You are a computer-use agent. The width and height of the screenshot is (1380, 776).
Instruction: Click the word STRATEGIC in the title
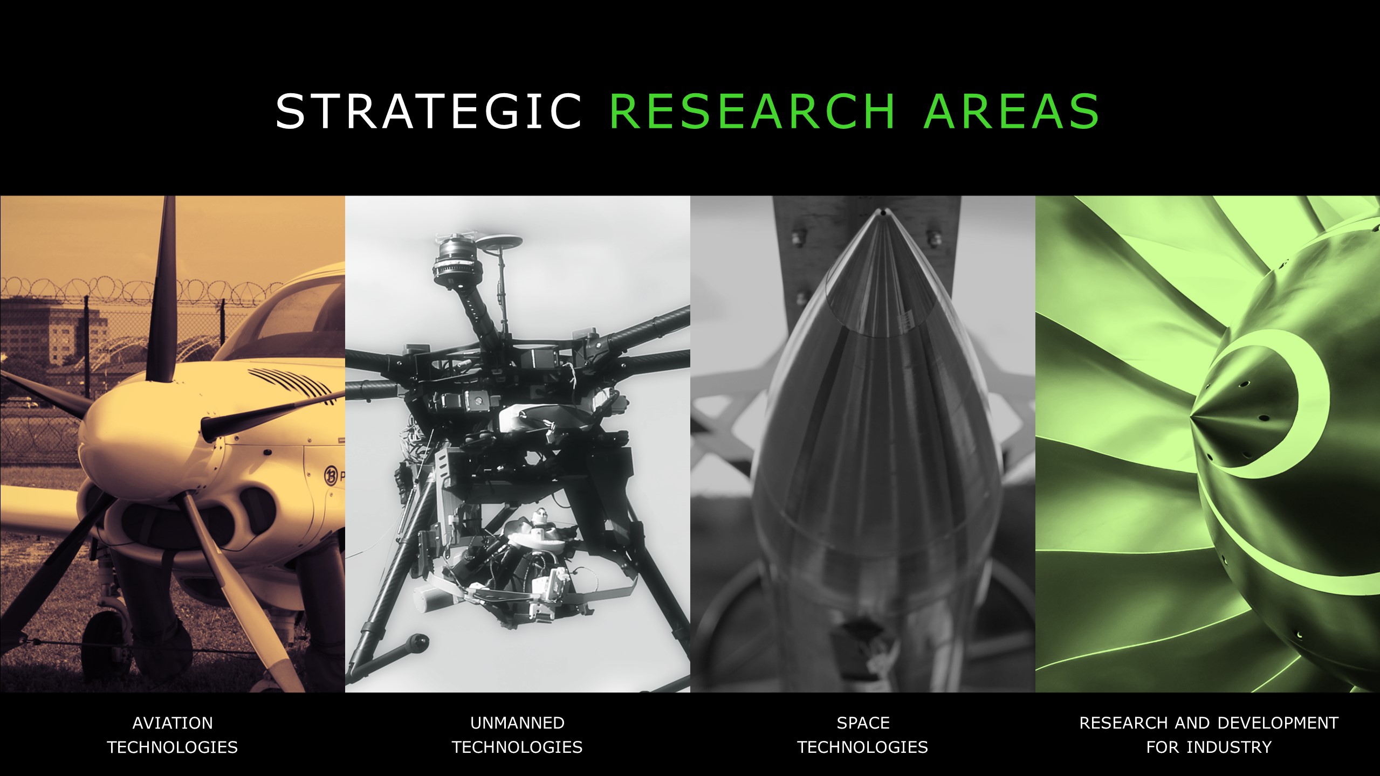(x=429, y=111)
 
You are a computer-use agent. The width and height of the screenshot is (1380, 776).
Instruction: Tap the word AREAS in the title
(x=1012, y=111)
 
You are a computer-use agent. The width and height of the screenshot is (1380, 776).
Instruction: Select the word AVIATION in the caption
(x=173, y=723)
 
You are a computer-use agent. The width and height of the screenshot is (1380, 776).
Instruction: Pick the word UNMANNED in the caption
(x=517, y=723)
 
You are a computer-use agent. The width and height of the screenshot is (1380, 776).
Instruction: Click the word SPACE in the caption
(x=863, y=723)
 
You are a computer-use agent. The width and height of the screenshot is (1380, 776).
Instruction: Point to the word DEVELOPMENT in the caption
(x=1278, y=723)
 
